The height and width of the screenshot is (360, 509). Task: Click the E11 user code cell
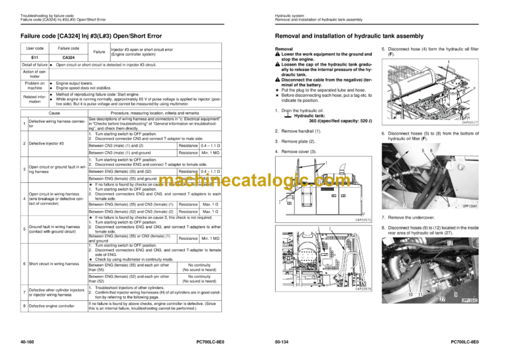tap(34, 57)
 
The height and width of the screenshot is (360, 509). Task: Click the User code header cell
tap(34, 48)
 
